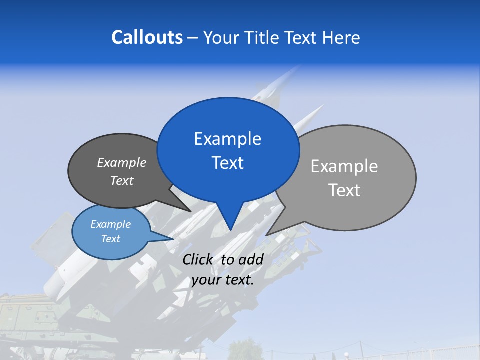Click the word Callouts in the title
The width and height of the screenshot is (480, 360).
point(147,37)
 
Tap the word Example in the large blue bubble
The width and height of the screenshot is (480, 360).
point(227,139)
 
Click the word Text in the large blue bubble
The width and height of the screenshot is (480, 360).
point(227,163)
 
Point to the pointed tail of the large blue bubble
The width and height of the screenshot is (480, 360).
point(230,230)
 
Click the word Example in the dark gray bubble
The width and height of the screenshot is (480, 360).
point(122,163)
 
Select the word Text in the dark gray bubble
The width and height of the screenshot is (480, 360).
point(122,180)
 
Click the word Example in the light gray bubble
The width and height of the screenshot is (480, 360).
point(344,166)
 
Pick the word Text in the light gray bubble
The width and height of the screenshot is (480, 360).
point(344,190)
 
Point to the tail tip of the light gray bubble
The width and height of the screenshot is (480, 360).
point(266,235)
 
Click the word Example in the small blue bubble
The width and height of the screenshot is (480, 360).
point(110,224)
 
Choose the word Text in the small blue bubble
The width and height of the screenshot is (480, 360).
point(110,239)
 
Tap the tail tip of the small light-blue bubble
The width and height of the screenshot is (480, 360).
point(173,239)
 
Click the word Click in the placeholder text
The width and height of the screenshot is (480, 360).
point(198,260)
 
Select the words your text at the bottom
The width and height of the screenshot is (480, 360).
point(222,280)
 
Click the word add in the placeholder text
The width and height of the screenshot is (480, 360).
point(251,260)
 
